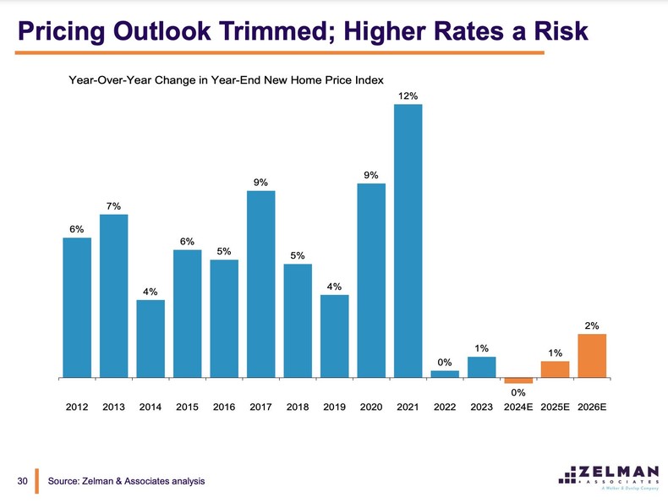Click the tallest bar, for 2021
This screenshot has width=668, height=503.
(x=408, y=240)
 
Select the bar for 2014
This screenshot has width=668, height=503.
(x=151, y=338)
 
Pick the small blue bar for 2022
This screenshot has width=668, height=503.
(x=445, y=373)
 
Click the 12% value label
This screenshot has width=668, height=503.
(x=408, y=96)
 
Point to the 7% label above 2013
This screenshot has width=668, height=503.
(x=113, y=205)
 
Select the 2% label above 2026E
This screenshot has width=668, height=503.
(x=592, y=325)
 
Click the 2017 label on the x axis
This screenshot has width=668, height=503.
(x=260, y=407)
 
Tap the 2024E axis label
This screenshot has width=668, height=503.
(x=518, y=407)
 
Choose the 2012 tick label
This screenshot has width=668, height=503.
(x=77, y=407)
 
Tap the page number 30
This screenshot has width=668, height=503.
(x=23, y=481)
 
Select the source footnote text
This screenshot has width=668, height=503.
(x=127, y=481)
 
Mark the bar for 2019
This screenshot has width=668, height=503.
(x=334, y=336)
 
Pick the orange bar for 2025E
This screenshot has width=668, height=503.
(x=555, y=369)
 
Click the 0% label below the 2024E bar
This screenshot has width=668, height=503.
(x=518, y=392)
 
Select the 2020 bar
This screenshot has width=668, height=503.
(x=371, y=280)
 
